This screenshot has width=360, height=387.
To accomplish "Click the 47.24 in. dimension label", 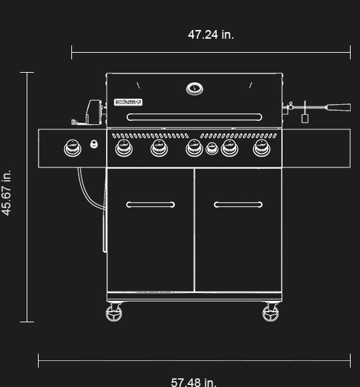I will (211, 35).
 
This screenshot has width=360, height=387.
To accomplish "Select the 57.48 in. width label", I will (194, 382).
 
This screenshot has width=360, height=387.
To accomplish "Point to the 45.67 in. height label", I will (7, 193).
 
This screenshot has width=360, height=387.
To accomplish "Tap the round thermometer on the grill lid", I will (195, 88).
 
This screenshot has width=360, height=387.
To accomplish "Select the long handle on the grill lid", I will (194, 117).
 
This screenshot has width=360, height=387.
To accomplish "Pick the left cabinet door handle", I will (151, 205).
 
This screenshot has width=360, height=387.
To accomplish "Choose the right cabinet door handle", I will (238, 205).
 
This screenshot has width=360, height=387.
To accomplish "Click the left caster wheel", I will (115, 312).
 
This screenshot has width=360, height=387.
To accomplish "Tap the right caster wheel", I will (271, 312).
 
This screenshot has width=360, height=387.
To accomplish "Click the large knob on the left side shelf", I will (72, 147).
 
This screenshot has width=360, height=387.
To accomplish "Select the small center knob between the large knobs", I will (212, 148).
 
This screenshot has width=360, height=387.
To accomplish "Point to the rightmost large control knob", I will (262, 147).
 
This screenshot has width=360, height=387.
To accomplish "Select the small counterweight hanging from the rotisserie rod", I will (305, 118).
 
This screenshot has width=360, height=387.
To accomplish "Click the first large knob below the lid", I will (123, 147).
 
